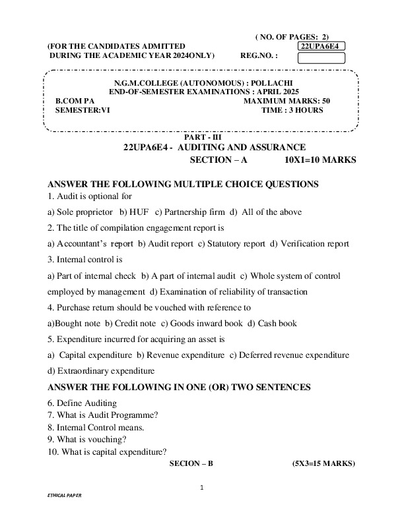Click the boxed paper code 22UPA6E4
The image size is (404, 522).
coord(321,46)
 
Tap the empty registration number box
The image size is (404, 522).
coord(321,57)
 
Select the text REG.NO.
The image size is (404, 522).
coord(259,56)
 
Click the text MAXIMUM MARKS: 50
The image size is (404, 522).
coord(286,100)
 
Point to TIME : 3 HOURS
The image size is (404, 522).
coord(292,110)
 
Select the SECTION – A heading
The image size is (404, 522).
coord(218,159)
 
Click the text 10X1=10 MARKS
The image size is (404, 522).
coord(320,159)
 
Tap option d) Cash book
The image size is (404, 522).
coord(272,324)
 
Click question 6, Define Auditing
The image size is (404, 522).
coord(83,403)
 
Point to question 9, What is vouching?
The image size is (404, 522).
coord(88,439)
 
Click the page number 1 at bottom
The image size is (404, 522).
coord(203,488)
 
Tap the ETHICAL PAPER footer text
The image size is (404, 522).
coord(65,511)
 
